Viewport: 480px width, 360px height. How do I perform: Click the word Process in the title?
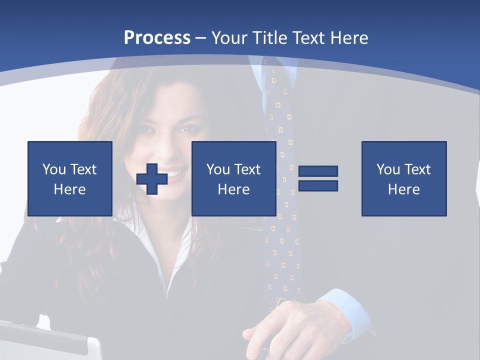tap(157, 38)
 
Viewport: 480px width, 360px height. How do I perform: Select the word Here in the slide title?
tap(348, 38)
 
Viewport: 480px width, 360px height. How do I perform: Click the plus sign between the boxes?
tap(152, 179)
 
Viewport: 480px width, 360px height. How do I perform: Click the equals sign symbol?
tap(318, 178)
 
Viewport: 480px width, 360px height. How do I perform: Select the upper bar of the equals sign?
tap(318, 171)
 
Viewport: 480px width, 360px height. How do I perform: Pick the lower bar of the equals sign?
tap(318, 185)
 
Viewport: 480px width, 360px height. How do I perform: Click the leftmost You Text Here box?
tap(70, 178)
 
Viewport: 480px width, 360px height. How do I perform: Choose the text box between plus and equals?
tap(233, 178)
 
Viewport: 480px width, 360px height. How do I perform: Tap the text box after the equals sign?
tap(404, 178)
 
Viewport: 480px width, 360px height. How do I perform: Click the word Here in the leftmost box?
tap(69, 189)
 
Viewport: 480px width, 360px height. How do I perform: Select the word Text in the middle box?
tap(247, 169)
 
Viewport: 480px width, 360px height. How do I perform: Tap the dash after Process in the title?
tap(201, 38)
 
